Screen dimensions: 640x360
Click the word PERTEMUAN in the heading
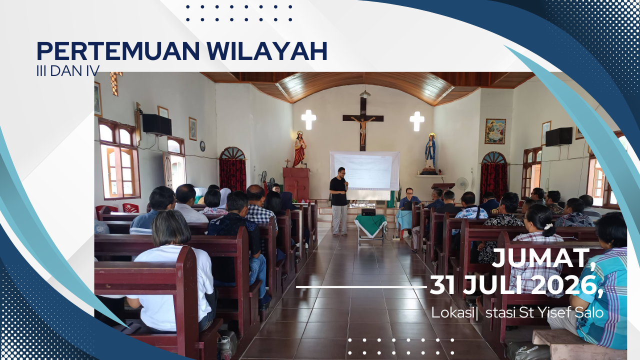(118, 51)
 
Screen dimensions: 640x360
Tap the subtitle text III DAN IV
(68, 71)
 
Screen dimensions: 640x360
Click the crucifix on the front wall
(363, 123)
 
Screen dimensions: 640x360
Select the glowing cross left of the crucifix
(308, 119)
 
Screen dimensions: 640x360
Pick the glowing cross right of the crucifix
(417, 121)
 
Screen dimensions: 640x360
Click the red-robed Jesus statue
(299, 149)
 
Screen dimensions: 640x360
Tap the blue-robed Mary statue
(429, 151)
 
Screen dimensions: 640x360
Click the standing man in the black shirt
(339, 201)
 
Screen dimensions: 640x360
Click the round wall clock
(202, 146)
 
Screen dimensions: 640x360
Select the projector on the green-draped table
(368, 212)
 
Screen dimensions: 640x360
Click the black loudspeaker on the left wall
(157, 124)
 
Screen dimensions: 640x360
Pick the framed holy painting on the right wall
(495, 131)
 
